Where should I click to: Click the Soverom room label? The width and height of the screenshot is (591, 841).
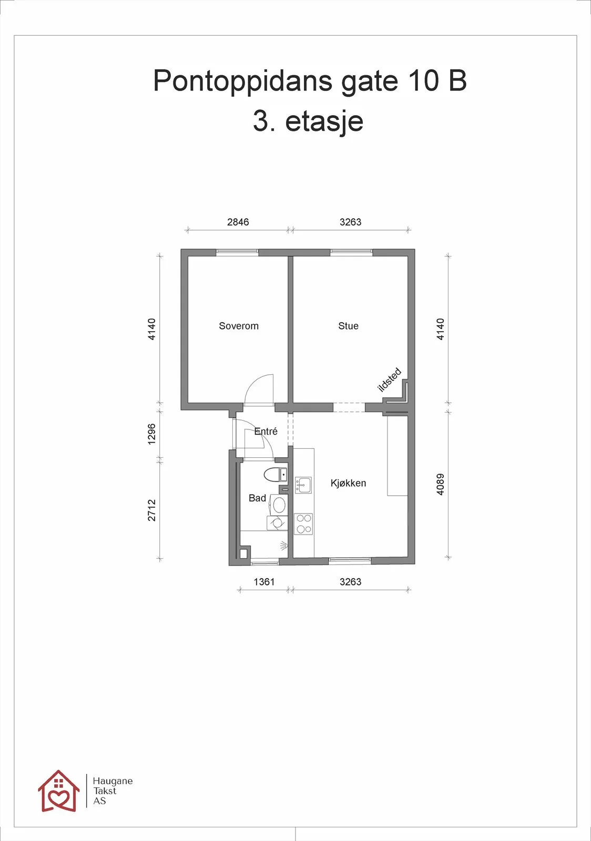click(239, 326)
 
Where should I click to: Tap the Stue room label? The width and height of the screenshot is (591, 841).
click(348, 326)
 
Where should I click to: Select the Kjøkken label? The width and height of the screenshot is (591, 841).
click(348, 483)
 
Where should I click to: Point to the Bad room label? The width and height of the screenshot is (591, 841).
click(257, 498)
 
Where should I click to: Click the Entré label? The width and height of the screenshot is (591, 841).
click(266, 432)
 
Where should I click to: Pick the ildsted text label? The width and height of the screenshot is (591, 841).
click(390, 380)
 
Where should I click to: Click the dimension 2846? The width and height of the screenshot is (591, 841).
click(238, 222)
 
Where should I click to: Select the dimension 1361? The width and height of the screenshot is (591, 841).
click(264, 582)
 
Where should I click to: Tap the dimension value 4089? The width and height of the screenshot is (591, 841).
click(441, 484)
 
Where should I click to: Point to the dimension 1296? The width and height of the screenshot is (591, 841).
click(151, 434)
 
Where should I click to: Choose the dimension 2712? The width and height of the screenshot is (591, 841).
click(151, 510)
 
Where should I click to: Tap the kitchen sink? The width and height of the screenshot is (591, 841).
click(303, 485)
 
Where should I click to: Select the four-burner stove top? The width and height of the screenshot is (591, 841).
click(303, 524)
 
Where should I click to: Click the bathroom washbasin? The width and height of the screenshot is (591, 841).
click(279, 505)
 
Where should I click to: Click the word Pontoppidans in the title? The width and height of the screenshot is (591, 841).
click(242, 81)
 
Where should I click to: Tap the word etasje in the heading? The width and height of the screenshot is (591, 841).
click(324, 122)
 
